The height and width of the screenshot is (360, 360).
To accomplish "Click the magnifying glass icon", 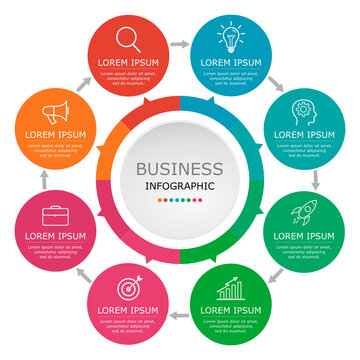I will click(x=128, y=39).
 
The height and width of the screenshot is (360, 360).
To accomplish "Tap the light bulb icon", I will click(x=231, y=38).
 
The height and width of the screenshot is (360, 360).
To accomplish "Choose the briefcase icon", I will click(x=56, y=213).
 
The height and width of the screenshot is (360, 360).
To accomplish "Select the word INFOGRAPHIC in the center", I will click(x=180, y=185).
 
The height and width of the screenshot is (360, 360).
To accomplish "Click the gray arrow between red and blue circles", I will click(x=180, y=44).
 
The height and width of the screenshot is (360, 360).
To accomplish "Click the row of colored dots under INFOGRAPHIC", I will click(x=180, y=200).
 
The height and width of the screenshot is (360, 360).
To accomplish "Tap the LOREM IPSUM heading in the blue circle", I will click(x=231, y=62).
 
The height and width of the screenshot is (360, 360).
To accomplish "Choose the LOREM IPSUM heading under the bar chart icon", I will click(x=231, y=310).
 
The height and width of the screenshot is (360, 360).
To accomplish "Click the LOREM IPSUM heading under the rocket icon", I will click(x=304, y=236).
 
